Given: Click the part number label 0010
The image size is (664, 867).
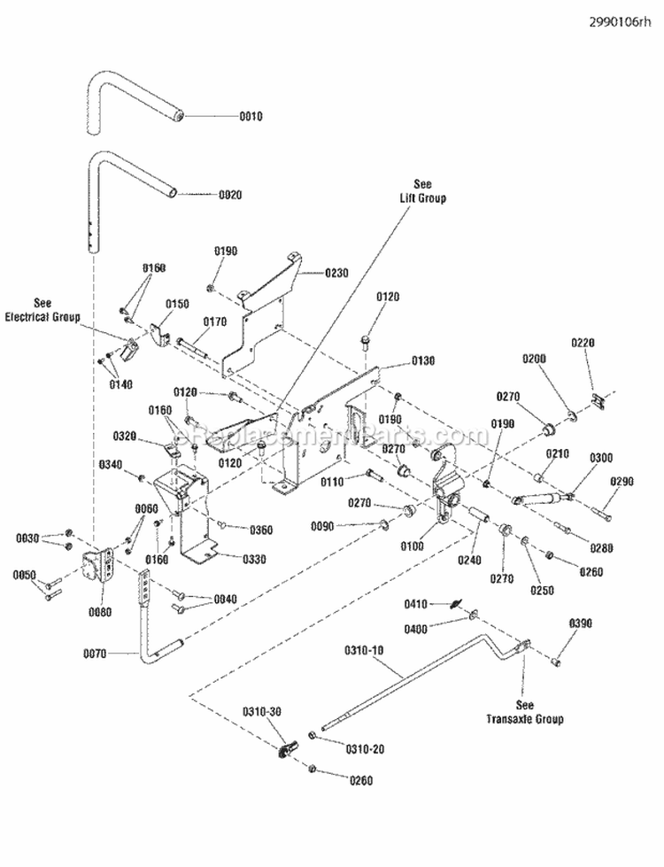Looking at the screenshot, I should click(x=251, y=116).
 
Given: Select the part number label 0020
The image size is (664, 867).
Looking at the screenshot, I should click(x=229, y=194).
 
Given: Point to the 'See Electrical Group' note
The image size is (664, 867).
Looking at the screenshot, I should click(x=42, y=309).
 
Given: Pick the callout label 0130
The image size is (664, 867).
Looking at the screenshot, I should click(x=423, y=361).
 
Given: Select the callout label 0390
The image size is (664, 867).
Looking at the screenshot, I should click(x=579, y=624).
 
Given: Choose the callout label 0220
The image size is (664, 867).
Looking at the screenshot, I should click(x=583, y=343).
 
